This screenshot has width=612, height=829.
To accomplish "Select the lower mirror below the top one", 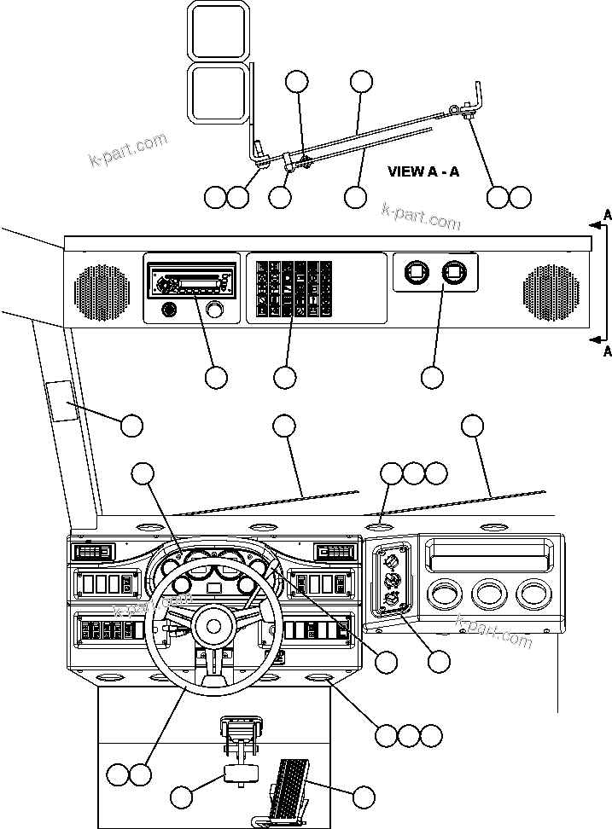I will (x=219, y=92).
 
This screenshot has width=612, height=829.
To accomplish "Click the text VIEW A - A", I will (x=423, y=171).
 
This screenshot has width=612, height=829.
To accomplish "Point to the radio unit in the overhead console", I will (x=192, y=280).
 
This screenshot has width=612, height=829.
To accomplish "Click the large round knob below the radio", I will (x=222, y=310).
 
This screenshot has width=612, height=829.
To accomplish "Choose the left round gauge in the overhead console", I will (x=416, y=273).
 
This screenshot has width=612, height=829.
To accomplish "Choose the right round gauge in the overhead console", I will (x=453, y=273).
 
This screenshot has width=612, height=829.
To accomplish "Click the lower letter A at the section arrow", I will (x=607, y=351).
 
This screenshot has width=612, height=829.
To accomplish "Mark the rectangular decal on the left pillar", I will (x=61, y=401).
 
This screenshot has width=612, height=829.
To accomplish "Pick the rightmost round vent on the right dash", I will (x=533, y=594).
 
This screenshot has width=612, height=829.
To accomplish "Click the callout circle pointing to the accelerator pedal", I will (x=364, y=797).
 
